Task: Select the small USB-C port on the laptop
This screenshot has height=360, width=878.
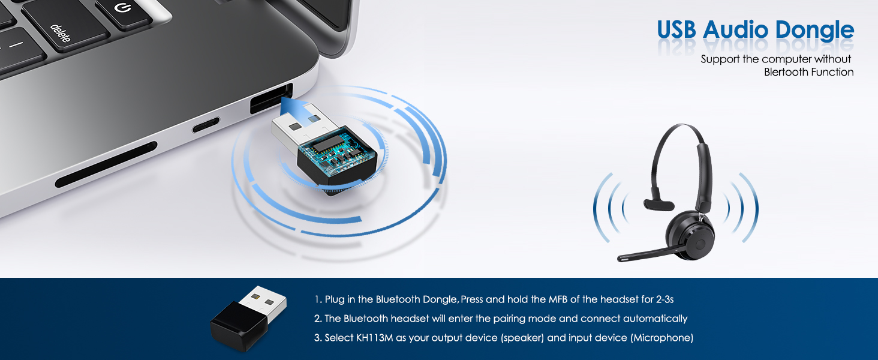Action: [x=205, y=125]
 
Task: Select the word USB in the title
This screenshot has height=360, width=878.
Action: [x=676, y=30]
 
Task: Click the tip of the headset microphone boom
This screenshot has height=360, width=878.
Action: [x=620, y=259]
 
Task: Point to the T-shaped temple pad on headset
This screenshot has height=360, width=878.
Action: [x=659, y=205]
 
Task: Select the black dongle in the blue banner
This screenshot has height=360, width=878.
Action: [x=248, y=319]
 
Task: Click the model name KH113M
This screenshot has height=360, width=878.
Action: [x=374, y=338]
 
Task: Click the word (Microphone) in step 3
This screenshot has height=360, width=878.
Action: [x=661, y=338]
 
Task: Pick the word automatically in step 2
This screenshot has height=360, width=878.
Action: [x=655, y=319]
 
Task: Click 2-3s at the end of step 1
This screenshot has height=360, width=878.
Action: [x=664, y=299]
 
